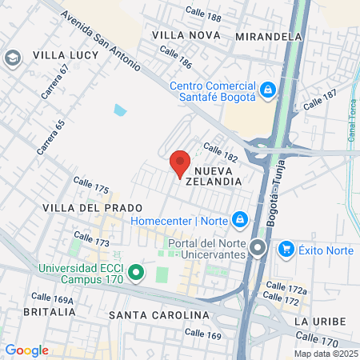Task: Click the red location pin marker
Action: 180,163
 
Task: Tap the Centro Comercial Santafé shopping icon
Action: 269,88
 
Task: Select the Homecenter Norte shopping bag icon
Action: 239,218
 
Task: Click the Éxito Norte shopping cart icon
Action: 286,250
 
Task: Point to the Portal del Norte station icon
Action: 258,248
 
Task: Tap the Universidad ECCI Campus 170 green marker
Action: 136,274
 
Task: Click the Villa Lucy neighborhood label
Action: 65,55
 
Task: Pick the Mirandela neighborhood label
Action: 270,36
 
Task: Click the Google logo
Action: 26,350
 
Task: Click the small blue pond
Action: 120,110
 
